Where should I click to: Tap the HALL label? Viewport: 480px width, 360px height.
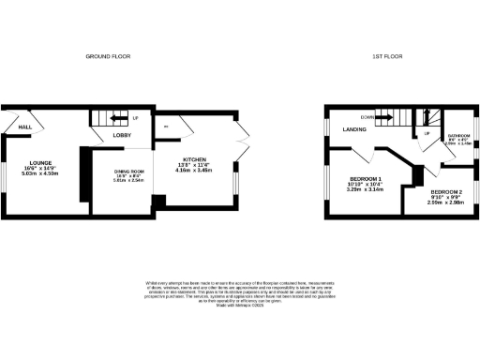[25, 128]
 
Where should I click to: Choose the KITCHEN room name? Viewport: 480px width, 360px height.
[194, 160]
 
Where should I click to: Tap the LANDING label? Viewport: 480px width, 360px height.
[353, 129]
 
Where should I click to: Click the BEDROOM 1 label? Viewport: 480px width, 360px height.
[367, 178]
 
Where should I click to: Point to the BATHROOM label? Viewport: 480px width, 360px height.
[459, 137]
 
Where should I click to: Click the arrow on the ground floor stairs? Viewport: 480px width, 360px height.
[119, 119]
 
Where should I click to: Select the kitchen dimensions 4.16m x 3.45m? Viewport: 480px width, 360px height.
[194, 172]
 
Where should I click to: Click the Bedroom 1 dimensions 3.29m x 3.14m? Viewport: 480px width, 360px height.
[367, 188]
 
